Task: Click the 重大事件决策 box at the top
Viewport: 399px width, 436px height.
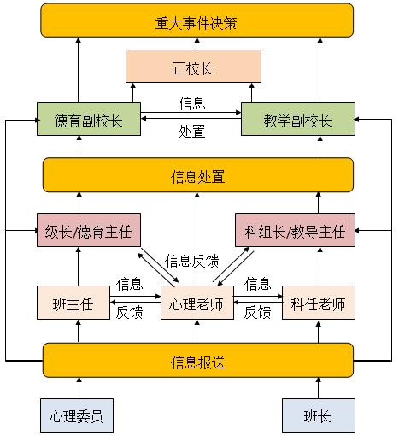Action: click(x=197, y=21)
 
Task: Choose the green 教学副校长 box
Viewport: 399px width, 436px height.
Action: click(x=297, y=120)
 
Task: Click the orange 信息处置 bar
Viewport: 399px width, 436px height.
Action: click(x=197, y=177)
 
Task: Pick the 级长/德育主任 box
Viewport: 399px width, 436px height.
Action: click(x=88, y=231)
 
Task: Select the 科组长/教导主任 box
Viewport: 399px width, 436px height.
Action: click(x=295, y=231)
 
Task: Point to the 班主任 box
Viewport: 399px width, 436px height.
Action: click(x=74, y=303)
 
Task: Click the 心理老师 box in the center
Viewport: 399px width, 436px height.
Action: click(x=197, y=303)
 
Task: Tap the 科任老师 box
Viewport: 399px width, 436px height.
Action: click(x=318, y=303)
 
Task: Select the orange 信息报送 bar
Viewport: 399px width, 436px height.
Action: click(x=197, y=362)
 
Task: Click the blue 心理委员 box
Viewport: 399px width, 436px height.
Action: click(x=78, y=415)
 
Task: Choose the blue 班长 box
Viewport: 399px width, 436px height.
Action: click(x=318, y=415)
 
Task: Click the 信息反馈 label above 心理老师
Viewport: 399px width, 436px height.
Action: click(x=193, y=261)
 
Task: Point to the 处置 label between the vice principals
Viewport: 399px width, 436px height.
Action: click(x=191, y=133)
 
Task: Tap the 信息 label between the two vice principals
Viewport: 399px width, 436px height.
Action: click(x=191, y=103)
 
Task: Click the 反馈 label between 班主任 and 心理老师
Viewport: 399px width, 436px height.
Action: click(x=129, y=313)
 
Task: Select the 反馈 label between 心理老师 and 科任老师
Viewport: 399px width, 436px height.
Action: click(x=257, y=313)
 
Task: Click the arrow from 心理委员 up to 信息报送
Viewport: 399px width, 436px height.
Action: click(x=78, y=389)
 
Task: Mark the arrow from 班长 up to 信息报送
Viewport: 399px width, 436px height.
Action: click(x=318, y=389)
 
